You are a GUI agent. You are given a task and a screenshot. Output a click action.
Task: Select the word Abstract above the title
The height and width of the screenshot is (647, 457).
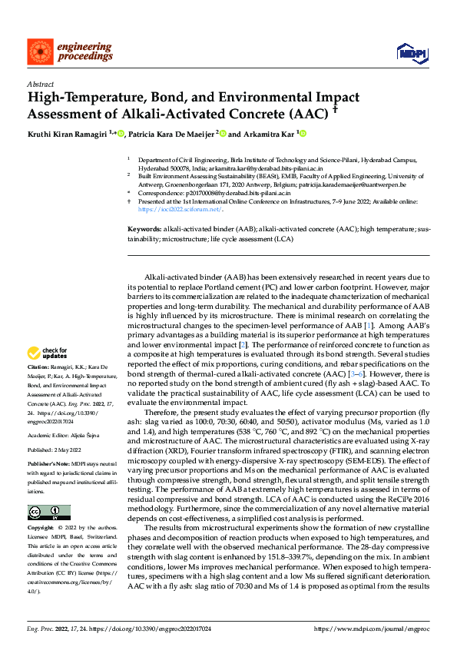click(x=39, y=85)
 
